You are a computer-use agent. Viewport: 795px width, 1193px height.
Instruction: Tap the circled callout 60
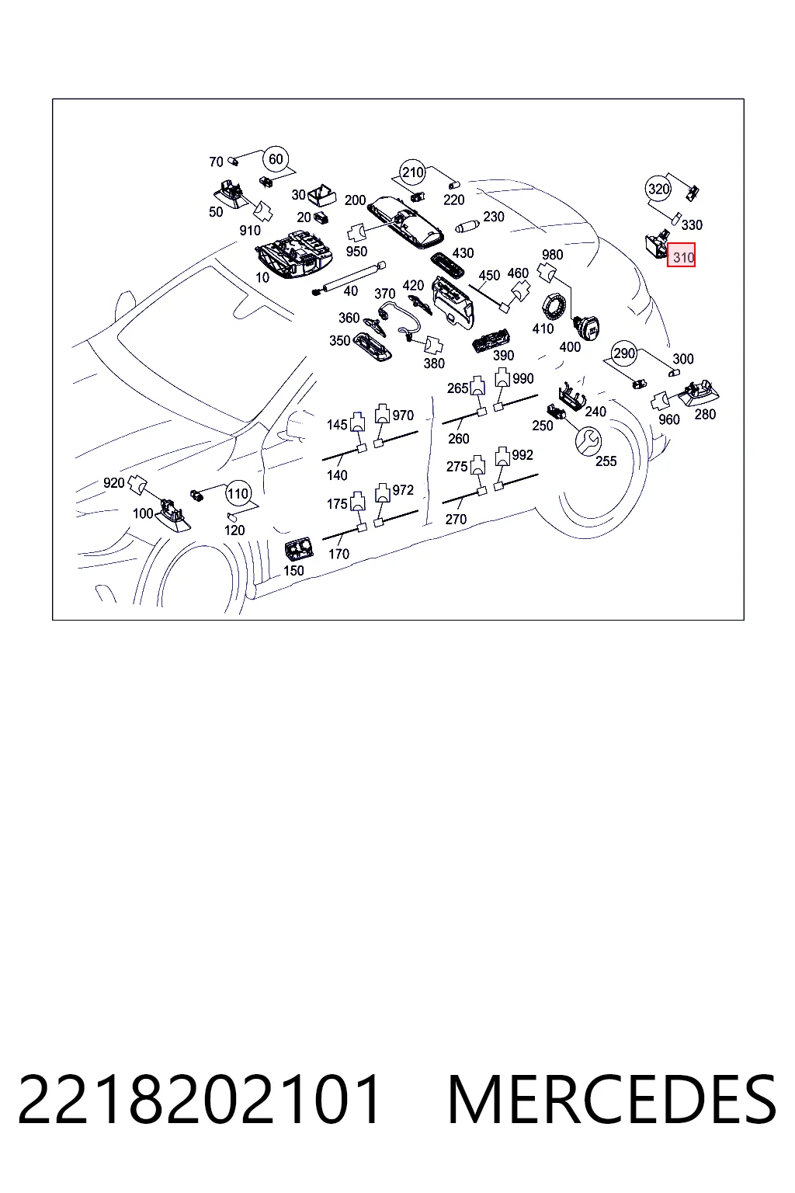pyautogui.click(x=276, y=158)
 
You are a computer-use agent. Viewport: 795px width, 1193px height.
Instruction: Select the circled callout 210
pyautogui.click(x=413, y=172)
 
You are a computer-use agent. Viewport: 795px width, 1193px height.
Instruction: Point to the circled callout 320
pyautogui.click(x=658, y=189)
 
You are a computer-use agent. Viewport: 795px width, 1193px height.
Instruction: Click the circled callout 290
pyautogui.click(x=624, y=353)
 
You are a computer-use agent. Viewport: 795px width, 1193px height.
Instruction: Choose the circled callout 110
pyautogui.click(x=238, y=493)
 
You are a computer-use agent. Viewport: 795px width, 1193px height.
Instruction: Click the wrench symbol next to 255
pyautogui.click(x=588, y=440)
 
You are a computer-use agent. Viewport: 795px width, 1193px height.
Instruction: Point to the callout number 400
pyautogui.click(x=570, y=346)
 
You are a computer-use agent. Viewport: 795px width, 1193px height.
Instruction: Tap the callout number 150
pyautogui.click(x=293, y=570)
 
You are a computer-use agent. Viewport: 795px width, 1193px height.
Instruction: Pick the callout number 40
pyautogui.click(x=350, y=290)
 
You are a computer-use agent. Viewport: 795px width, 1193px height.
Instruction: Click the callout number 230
pyautogui.click(x=494, y=217)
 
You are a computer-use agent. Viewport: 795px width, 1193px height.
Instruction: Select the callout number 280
pyautogui.click(x=705, y=414)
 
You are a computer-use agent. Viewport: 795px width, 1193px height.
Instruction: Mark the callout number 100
pyautogui.click(x=143, y=513)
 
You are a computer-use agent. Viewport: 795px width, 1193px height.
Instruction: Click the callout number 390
pyautogui.click(x=503, y=355)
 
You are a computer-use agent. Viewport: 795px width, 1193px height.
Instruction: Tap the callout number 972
pyautogui.click(x=403, y=490)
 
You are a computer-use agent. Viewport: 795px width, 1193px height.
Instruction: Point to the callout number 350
pyautogui.click(x=340, y=340)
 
